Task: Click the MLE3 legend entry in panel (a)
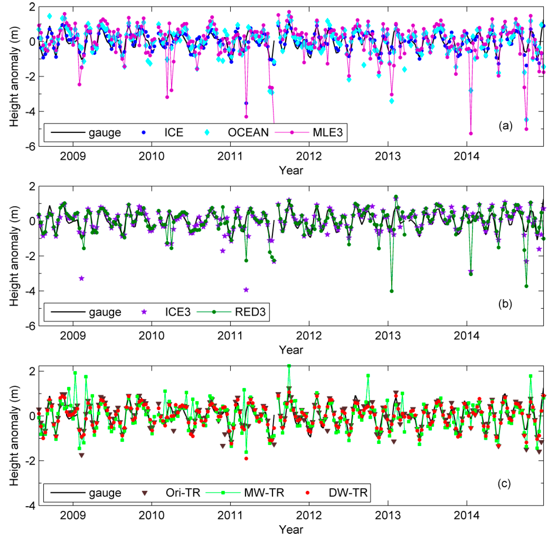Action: [327, 132]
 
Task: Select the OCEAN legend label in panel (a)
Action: [248, 132]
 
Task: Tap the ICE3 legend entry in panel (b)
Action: [178, 312]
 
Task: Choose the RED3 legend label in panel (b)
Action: [250, 312]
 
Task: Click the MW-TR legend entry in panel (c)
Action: [264, 493]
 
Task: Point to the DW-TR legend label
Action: [348, 493]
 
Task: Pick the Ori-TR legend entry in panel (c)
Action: [183, 493]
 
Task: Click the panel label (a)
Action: [505, 125]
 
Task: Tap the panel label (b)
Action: [505, 304]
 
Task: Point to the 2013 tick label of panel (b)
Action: [388, 336]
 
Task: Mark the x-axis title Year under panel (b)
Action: [291, 350]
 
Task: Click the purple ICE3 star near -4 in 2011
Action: [246, 290]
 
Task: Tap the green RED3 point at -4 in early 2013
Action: [392, 291]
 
